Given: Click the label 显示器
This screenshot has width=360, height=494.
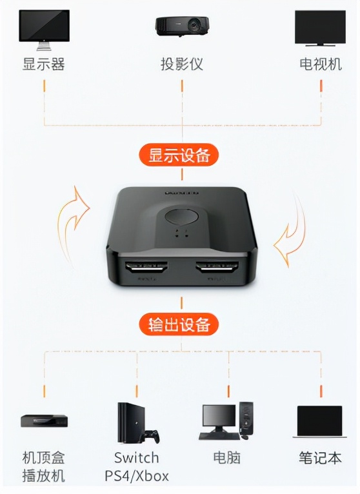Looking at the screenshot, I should tap(43, 64).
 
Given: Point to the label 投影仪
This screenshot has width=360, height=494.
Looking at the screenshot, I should tap(181, 64).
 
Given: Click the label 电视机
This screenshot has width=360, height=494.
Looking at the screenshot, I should tap(320, 64).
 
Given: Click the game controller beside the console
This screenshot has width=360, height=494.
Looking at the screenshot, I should tap(152, 436).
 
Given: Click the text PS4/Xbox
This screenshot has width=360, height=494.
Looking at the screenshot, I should tap(137, 477).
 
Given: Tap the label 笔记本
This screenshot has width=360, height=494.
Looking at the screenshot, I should tap(320, 458).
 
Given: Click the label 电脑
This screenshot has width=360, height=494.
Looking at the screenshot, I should tap(226, 458).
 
